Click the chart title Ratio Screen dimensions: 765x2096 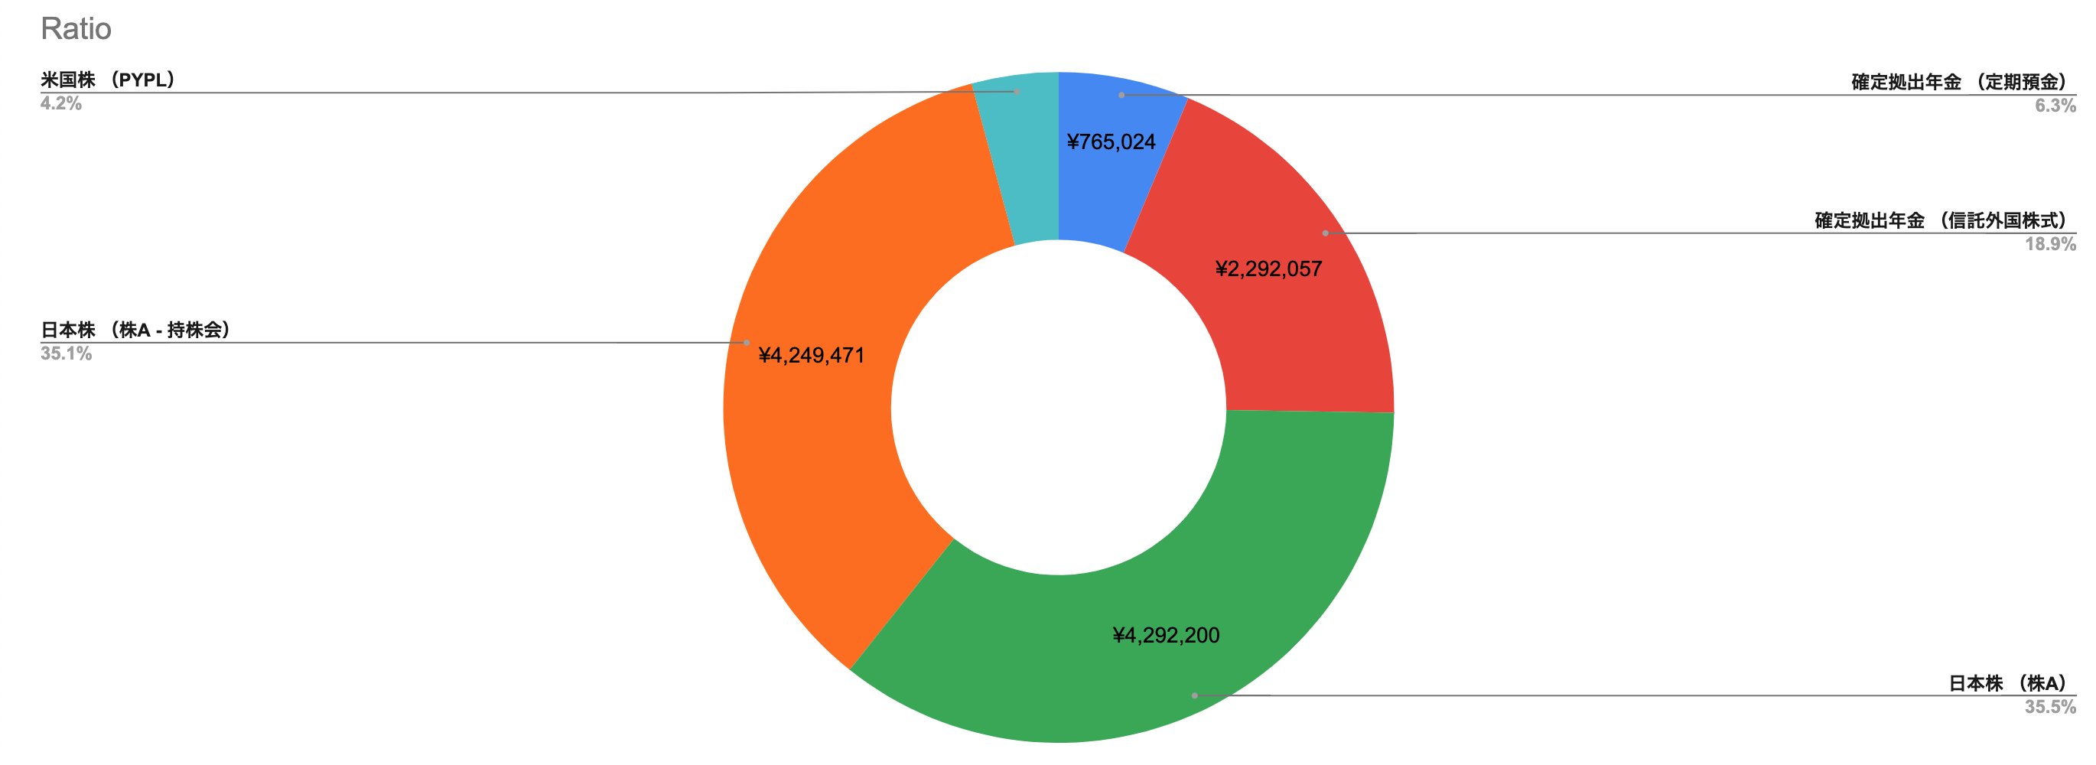pyautogui.click(x=76, y=28)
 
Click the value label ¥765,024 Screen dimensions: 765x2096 pyautogui.click(x=1111, y=142)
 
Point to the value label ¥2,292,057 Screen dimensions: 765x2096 pyautogui.click(x=1268, y=269)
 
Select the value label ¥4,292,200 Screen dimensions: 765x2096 pyautogui.click(x=1166, y=636)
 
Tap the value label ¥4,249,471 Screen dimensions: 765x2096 pyautogui.click(x=811, y=356)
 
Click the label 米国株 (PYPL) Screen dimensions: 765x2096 pyautogui.click(x=108, y=80)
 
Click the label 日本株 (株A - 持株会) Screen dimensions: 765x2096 pyautogui.click(x=136, y=330)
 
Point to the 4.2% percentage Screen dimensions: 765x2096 pyautogui.click(x=61, y=104)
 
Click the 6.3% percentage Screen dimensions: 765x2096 pyautogui.click(x=2055, y=106)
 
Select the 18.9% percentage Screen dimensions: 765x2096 pyautogui.click(x=2049, y=244)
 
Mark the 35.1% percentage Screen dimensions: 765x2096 pyautogui.click(x=66, y=354)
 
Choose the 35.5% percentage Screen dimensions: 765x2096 pyautogui.click(x=2049, y=707)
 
